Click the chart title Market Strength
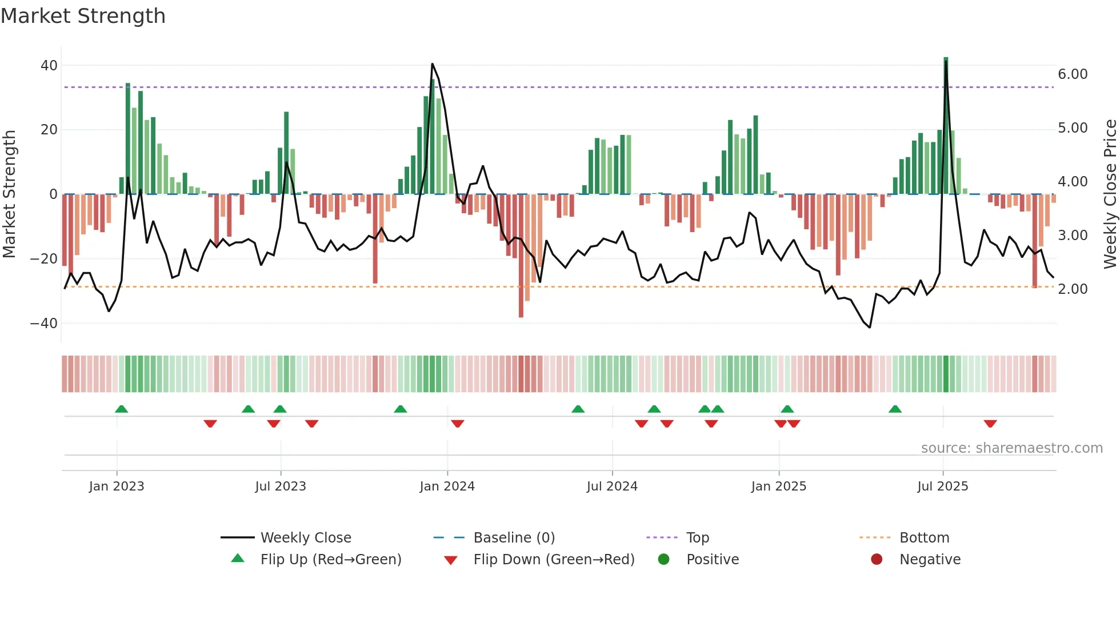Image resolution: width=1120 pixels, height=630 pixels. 83,16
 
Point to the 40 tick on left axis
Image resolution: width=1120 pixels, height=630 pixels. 49,66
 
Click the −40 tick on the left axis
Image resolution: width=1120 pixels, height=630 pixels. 44,324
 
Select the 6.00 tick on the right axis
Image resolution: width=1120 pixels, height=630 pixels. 1073,74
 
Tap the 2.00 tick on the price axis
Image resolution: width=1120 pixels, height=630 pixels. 1073,289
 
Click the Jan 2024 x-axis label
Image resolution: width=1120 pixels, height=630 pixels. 447,487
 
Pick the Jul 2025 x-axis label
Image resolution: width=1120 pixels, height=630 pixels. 942,487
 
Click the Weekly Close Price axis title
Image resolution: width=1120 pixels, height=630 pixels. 1110,194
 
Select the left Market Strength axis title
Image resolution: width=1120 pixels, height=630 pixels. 10,194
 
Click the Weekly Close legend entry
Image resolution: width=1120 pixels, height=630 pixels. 306,538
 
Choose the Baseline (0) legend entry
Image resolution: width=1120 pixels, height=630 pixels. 514,538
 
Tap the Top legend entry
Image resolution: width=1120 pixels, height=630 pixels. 697,538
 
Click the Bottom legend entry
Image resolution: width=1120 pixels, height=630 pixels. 924,538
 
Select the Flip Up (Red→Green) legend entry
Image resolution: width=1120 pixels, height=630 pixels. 330,560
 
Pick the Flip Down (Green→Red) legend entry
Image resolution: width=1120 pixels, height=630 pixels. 554,560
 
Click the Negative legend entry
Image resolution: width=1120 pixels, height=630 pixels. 930,560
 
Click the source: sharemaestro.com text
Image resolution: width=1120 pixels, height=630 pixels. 1011,448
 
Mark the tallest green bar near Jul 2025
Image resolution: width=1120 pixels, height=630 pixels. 946,126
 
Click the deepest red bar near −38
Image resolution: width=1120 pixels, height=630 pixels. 521,257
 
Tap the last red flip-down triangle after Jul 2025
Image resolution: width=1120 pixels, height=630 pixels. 990,424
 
